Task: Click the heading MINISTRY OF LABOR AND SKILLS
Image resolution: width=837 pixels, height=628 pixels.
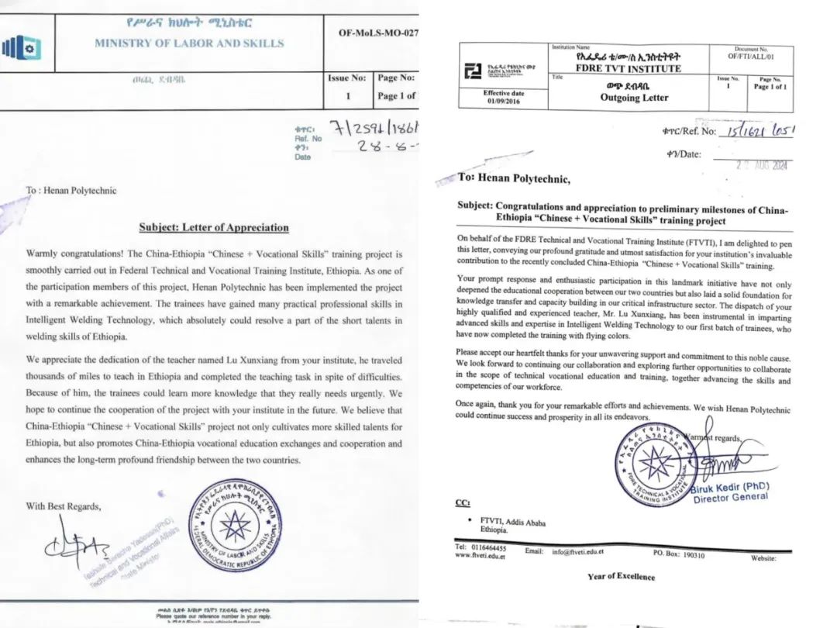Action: tap(189, 43)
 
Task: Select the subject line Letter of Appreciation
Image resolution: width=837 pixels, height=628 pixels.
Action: tap(214, 228)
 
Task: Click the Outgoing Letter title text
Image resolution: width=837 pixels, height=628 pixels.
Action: tap(633, 98)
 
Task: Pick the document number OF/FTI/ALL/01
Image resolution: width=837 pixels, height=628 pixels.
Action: tap(751, 57)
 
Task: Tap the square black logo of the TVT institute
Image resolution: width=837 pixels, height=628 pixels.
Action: tap(468, 72)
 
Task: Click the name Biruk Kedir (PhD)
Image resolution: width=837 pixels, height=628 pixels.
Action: tap(731, 487)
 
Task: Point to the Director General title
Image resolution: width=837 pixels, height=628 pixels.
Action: tap(731, 498)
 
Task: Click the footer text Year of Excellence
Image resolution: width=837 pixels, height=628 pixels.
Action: tap(621, 576)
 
